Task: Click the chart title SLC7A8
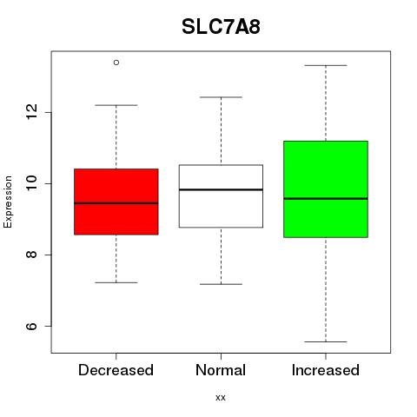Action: tap(221, 27)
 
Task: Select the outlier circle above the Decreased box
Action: tap(116, 63)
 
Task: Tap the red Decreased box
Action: tap(116, 202)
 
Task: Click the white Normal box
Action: tap(221, 196)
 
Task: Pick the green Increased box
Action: tap(326, 189)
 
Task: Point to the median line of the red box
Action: tap(116, 203)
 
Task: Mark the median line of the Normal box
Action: tap(221, 189)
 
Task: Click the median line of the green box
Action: tap(326, 199)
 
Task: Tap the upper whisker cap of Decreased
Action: tap(116, 105)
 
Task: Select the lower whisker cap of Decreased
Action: tap(116, 282)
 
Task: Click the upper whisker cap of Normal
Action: tap(221, 97)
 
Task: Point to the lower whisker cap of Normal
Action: tap(221, 284)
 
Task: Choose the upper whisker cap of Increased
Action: tap(326, 65)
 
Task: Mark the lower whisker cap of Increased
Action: tap(326, 341)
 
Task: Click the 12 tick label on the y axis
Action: tap(32, 112)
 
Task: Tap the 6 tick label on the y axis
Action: tap(32, 326)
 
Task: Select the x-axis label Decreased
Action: tap(116, 370)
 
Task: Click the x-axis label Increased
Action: tap(326, 370)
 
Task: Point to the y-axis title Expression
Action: tap(8, 202)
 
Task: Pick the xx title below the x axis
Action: tap(221, 398)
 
